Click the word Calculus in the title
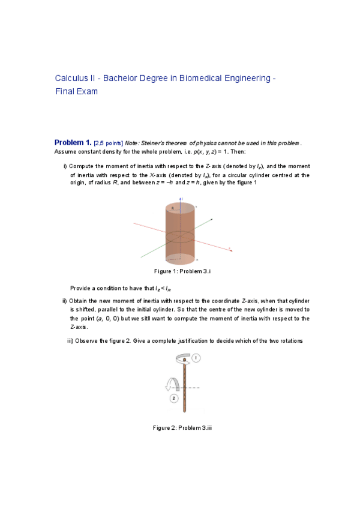pos(71,79)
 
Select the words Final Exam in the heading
pos(76,92)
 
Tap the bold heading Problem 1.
pos(73,143)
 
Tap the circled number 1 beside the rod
pos(196,358)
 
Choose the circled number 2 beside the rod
pos(174,398)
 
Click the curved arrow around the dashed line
pos(172,384)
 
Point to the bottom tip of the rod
pos(184,412)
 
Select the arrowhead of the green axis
pos(212,220)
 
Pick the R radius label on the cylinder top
pos(173,208)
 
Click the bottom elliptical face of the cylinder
pos(180,259)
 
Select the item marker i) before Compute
pos(65,166)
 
